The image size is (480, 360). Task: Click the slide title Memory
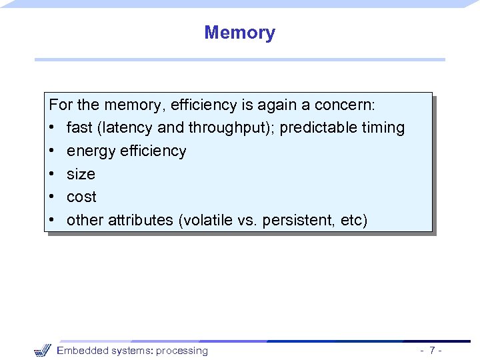239,33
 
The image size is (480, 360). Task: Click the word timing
383,128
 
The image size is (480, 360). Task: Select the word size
81,174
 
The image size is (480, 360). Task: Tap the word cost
81,197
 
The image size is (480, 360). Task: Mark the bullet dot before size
52,174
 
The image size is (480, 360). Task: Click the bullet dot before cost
52,197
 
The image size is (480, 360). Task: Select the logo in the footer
42,350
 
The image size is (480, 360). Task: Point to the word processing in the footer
181,351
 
